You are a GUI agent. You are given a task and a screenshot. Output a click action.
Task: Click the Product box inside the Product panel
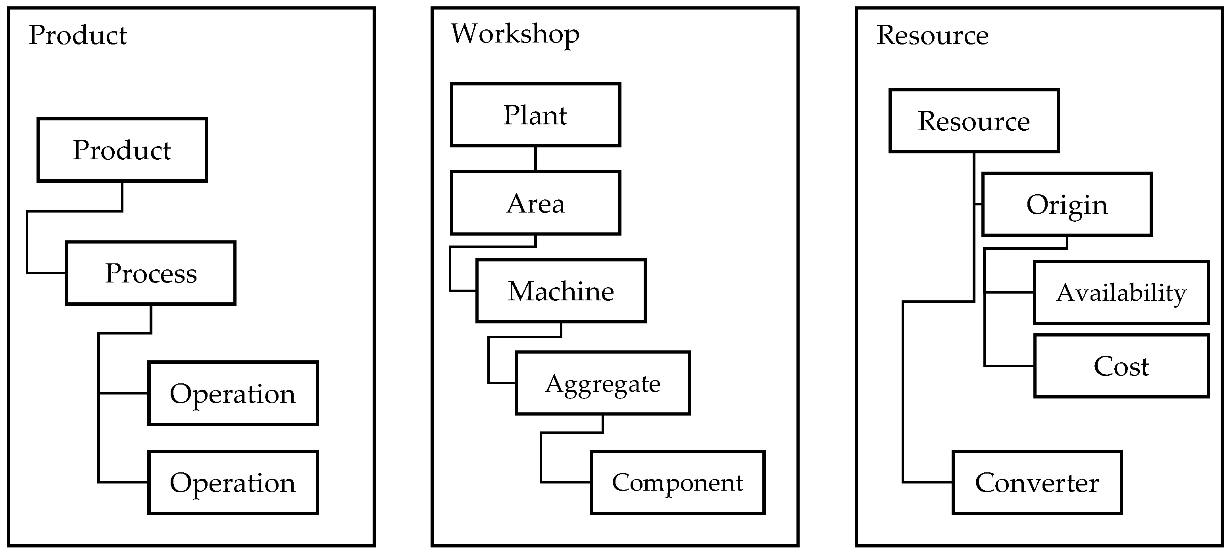122,150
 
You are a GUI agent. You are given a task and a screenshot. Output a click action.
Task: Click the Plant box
535,115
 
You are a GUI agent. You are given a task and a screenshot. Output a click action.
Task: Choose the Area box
535,203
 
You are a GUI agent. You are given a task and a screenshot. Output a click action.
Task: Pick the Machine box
561,291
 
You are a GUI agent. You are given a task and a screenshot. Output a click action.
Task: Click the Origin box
1066,204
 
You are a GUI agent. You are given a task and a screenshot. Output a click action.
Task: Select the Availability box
1121,292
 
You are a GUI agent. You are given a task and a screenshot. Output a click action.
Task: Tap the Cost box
1121,366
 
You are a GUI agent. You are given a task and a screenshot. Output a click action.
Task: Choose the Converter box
1037,482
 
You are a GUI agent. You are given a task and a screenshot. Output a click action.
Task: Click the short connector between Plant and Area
535,159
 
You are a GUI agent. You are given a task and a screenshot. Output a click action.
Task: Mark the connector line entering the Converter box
927,482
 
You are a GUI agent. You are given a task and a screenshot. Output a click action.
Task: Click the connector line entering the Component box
566,482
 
